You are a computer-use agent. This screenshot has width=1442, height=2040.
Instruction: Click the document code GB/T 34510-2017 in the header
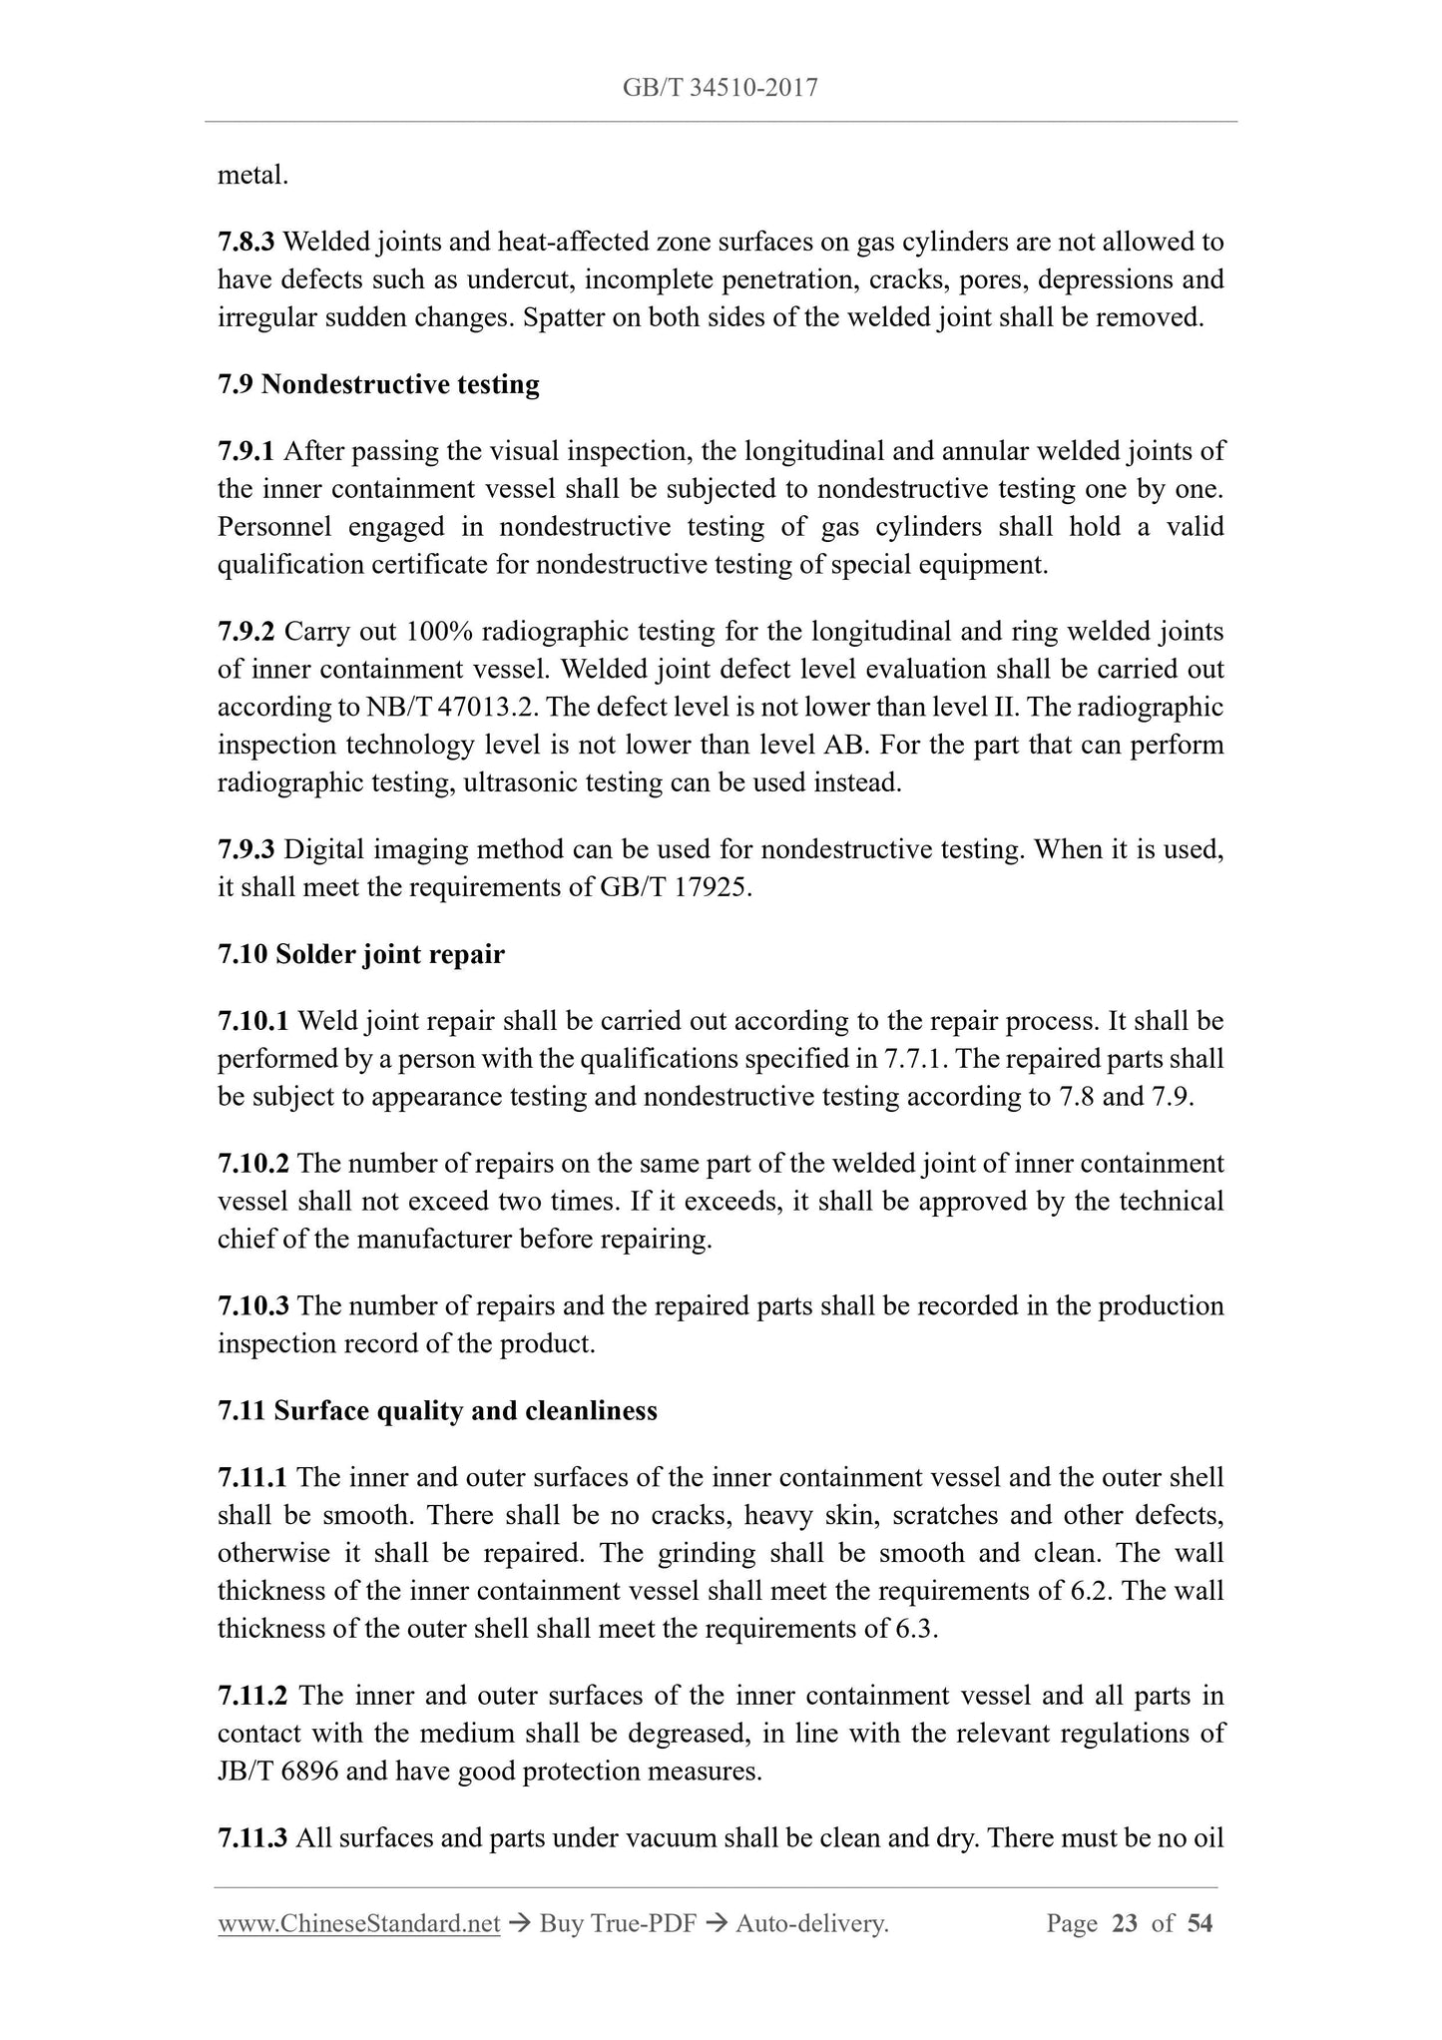point(721,88)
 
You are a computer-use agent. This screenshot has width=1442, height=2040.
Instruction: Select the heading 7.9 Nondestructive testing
point(378,384)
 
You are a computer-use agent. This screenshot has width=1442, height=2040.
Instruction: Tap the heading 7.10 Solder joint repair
point(361,954)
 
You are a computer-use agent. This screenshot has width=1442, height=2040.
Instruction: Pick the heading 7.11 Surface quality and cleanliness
point(437,1410)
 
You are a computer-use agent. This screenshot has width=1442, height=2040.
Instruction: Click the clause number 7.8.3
point(245,242)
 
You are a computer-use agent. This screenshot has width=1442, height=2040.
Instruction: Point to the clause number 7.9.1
point(245,451)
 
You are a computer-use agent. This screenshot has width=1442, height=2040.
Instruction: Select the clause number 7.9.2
point(245,632)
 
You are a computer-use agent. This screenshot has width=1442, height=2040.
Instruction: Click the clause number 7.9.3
point(245,849)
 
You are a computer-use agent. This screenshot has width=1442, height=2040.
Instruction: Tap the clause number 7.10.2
point(253,1164)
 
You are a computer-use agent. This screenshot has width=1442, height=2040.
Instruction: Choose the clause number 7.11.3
point(253,1837)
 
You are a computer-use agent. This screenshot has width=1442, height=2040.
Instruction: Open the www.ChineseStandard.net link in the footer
point(358,1924)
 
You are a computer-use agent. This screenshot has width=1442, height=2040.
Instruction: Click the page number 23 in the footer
point(1124,1924)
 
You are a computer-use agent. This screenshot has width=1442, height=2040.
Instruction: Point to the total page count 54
point(1200,1924)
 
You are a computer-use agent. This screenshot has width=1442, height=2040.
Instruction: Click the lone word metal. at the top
point(252,176)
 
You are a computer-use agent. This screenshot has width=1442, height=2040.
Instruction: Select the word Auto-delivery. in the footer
point(811,1924)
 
